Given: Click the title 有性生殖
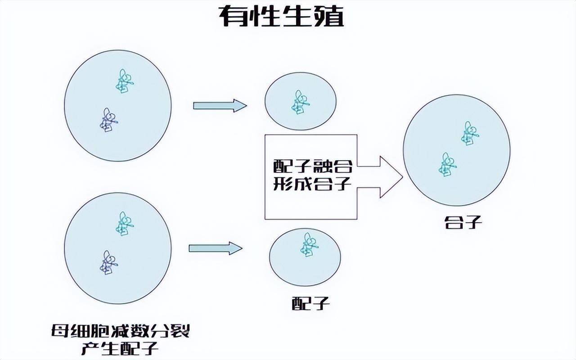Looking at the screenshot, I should click(x=282, y=17).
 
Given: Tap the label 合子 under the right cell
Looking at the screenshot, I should click(x=457, y=222).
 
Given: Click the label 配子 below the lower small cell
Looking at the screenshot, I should click(x=310, y=304).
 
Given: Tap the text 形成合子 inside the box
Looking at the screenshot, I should click(x=312, y=184).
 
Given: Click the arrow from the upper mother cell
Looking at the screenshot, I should click(x=220, y=106).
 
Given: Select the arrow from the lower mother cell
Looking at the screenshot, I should click(x=215, y=248).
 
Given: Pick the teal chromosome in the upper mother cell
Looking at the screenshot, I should click(x=124, y=81).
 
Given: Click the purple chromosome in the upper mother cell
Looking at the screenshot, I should click(x=108, y=120).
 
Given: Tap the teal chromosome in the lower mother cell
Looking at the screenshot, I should click(x=124, y=224).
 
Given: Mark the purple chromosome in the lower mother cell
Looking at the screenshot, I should click(x=108, y=262).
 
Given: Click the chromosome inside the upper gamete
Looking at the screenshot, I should click(x=300, y=102).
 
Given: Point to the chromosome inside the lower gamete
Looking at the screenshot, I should click(x=309, y=244).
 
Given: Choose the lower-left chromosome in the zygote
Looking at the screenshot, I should click(x=447, y=164).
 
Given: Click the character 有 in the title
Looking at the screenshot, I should click(x=234, y=17).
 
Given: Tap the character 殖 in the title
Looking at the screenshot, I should click(x=328, y=17).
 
